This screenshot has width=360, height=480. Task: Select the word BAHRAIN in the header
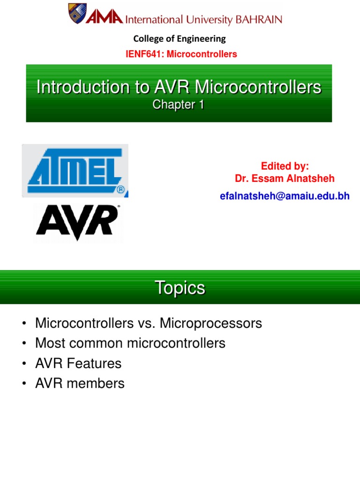(x=259, y=20)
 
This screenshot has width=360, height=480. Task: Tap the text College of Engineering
(x=180, y=38)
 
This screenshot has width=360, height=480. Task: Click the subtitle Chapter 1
(x=179, y=105)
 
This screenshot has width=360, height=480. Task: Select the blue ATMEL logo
(x=75, y=170)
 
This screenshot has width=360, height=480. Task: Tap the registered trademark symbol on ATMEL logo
(x=120, y=190)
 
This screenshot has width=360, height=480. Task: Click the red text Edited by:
(x=285, y=166)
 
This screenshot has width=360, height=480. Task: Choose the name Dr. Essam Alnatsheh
(x=285, y=179)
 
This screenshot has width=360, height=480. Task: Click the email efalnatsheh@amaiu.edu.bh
(x=285, y=196)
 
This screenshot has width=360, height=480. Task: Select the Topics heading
(x=180, y=288)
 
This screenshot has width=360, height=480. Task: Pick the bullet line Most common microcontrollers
(x=130, y=343)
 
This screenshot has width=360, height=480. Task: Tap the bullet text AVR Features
(x=78, y=363)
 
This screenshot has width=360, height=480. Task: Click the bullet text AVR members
(x=80, y=383)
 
